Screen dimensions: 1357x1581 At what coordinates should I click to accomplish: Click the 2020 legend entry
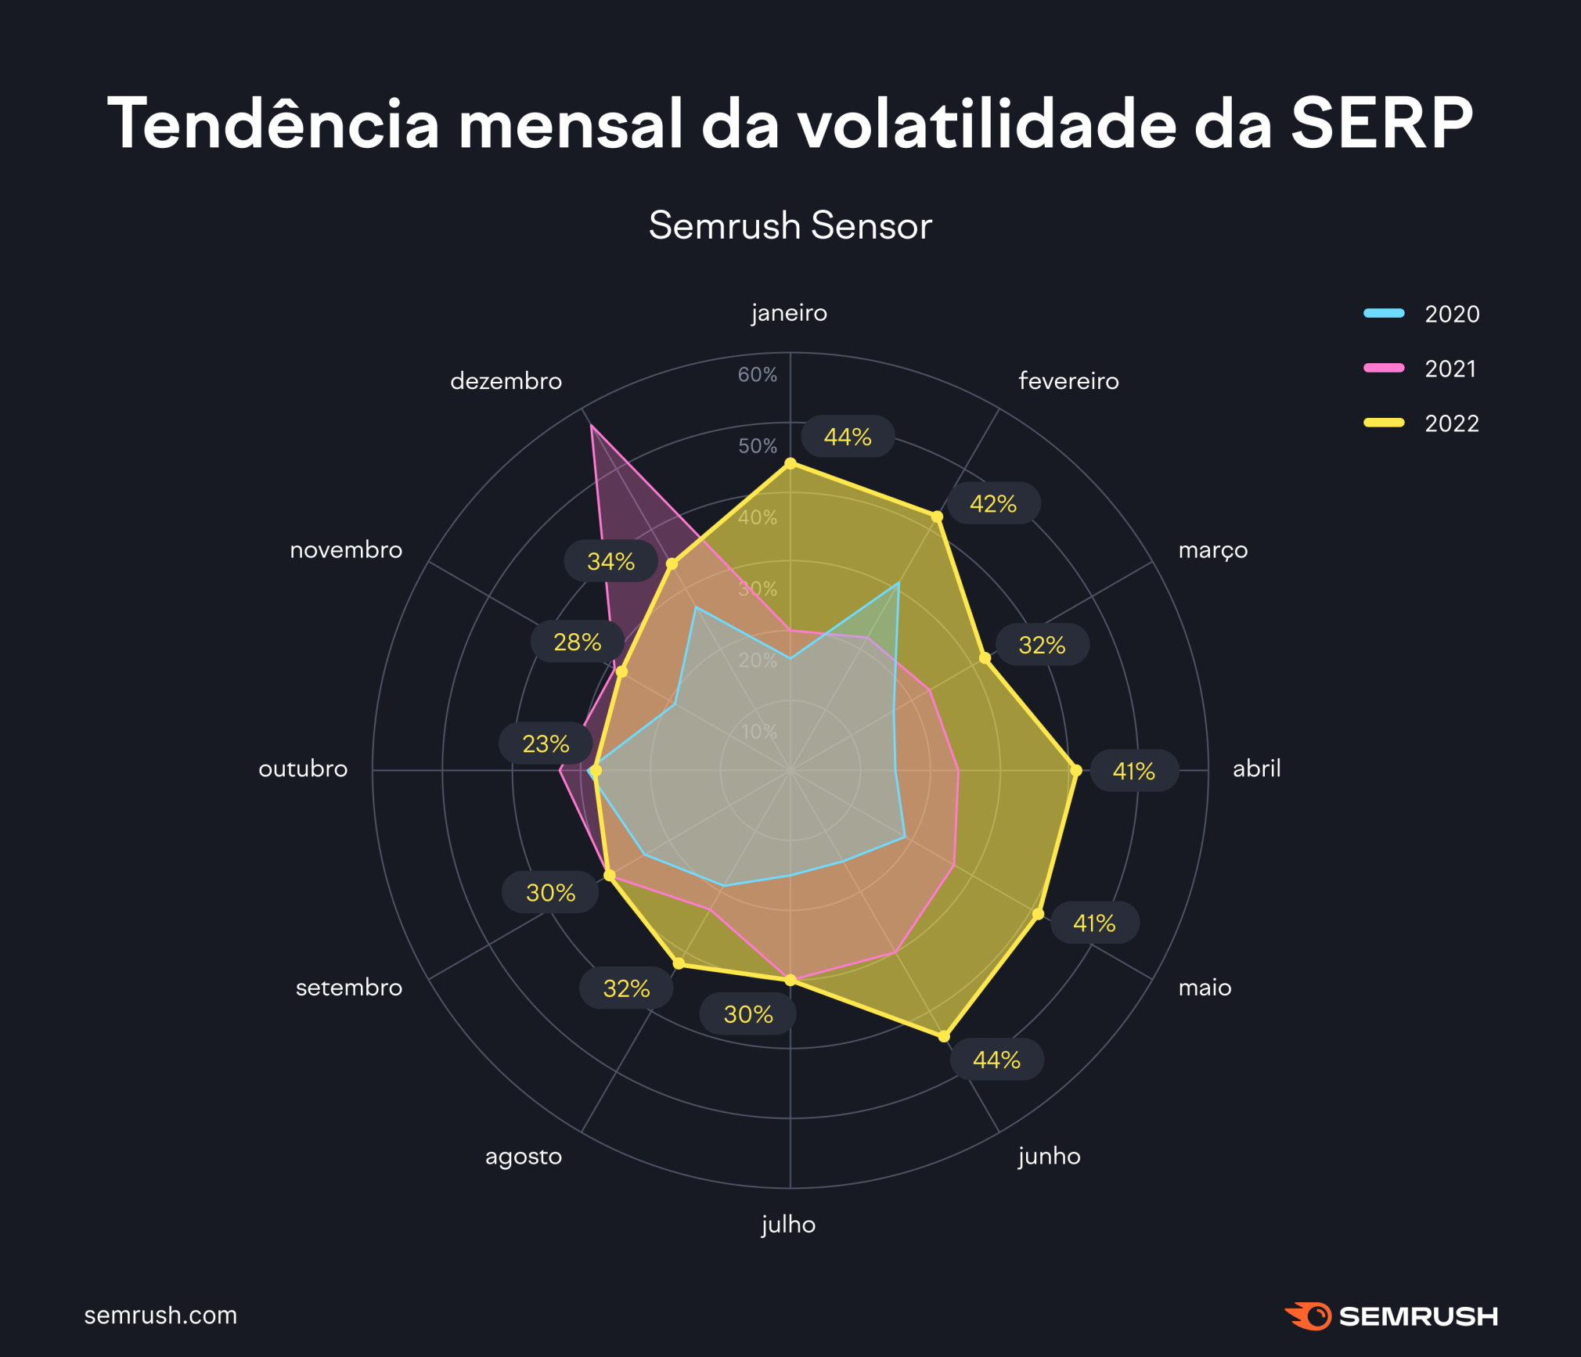pos(1421,314)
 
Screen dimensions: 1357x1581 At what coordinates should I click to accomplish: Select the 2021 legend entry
pos(1421,369)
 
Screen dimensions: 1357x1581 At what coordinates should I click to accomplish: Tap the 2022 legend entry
pos(1421,423)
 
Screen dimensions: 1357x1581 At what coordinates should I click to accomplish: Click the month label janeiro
pos(789,313)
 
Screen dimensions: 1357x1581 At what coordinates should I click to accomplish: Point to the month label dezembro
pos(506,381)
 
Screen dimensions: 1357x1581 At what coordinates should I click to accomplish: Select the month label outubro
pos(303,769)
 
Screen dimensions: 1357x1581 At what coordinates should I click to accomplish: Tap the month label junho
pos(1049,1156)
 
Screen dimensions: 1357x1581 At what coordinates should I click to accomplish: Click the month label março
pos(1212,550)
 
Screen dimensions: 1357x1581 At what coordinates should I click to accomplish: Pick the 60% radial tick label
pos(757,375)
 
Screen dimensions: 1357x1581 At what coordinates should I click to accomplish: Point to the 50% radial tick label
pos(757,446)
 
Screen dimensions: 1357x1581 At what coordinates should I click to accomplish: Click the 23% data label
pos(546,743)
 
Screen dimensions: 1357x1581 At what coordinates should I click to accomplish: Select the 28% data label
pos(577,643)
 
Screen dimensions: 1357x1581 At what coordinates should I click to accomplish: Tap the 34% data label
pos(610,561)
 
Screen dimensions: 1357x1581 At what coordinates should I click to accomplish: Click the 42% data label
pos(992,503)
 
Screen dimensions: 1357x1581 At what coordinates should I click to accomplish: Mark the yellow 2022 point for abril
pos(1075,771)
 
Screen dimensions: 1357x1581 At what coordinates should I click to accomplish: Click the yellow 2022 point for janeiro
pos(790,463)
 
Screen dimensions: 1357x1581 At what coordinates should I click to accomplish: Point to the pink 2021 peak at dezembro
pos(592,427)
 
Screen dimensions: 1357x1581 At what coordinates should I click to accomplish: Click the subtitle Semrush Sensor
pos(790,225)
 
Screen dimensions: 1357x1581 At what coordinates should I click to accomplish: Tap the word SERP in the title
pos(1381,123)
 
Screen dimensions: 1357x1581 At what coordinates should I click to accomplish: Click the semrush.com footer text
pos(160,1316)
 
